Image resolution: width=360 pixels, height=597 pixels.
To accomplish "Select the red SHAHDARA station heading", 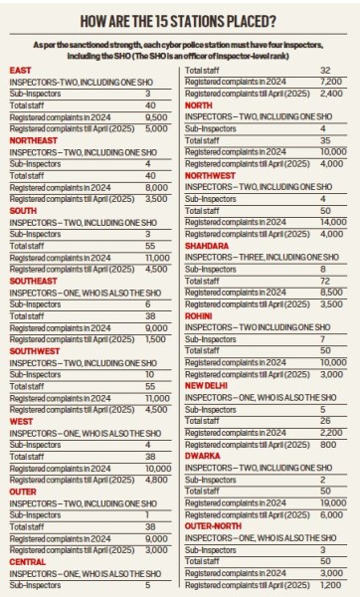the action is (207, 246).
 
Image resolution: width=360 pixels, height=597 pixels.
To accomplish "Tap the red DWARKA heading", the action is (203, 456).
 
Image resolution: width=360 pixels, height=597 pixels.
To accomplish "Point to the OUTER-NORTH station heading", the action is (213, 526).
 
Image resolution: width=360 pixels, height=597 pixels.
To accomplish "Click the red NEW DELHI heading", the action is (206, 386).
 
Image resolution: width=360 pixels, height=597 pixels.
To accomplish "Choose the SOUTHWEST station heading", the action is (35, 351).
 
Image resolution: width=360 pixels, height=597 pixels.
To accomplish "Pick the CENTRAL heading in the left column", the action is (28, 562).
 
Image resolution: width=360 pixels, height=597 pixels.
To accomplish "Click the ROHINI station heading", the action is (198, 316).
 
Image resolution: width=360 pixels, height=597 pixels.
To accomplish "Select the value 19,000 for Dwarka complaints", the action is (333, 502).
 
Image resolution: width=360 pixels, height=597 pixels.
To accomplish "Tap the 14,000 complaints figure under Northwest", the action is (333, 222).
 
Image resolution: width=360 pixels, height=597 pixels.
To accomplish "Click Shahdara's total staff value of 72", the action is (325, 281).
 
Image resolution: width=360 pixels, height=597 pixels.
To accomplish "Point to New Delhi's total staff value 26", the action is (325, 421).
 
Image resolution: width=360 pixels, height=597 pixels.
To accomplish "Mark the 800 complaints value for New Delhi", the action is (328, 445).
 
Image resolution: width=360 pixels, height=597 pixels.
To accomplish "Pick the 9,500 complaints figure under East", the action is (156, 117).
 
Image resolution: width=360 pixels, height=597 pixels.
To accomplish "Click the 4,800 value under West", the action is (156, 480).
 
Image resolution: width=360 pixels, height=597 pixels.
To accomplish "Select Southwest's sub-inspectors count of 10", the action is (149, 375).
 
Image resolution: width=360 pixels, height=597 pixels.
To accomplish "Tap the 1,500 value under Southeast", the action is (156, 339).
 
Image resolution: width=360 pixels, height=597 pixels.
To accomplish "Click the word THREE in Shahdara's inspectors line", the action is (252, 258).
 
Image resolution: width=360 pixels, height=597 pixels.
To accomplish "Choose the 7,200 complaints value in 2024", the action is (331, 82).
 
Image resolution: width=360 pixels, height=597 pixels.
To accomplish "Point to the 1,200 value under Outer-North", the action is (330, 585).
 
